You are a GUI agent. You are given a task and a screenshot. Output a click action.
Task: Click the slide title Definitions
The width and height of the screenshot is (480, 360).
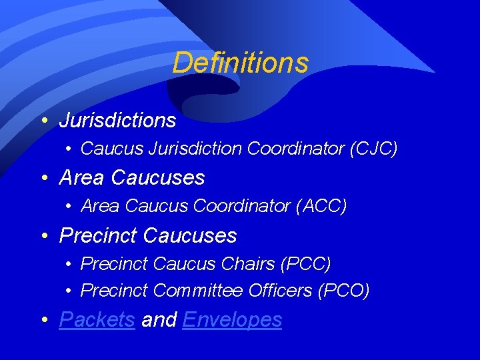(x=240, y=63)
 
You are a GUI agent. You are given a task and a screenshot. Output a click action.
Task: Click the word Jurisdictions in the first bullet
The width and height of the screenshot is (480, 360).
(x=117, y=121)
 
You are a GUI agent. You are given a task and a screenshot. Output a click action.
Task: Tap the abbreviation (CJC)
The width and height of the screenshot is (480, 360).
(x=373, y=149)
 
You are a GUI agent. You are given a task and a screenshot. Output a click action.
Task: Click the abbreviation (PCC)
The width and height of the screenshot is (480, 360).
(x=306, y=264)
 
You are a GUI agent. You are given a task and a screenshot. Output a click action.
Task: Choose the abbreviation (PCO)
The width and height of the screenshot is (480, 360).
(x=345, y=291)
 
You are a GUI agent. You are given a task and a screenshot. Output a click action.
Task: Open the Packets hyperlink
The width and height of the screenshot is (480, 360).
(x=97, y=320)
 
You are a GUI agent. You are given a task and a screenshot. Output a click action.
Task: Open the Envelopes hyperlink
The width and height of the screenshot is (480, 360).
(x=232, y=320)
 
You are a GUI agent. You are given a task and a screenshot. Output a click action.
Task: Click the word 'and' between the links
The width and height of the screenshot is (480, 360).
(x=159, y=320)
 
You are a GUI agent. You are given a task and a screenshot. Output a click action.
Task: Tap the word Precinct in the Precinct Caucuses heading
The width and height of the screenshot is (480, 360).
(x=98, y=235)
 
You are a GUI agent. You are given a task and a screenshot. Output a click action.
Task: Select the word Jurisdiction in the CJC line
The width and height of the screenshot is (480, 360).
(x=199, y=149)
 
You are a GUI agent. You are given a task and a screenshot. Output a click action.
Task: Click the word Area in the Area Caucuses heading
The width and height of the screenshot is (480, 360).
(x=83, y=178)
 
